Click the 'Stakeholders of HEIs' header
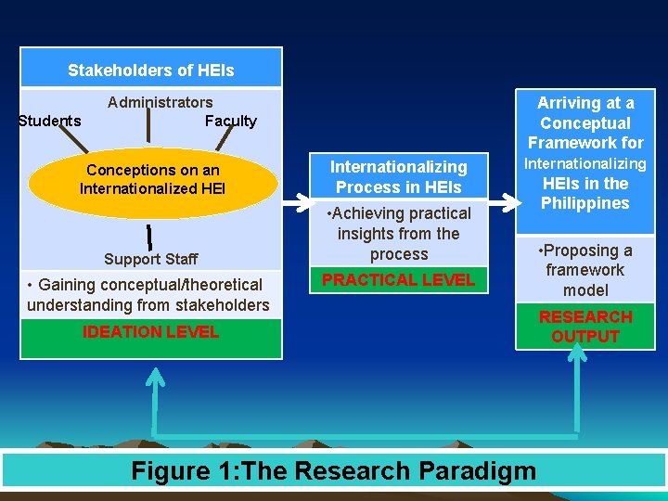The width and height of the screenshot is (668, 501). click(x=151, y=71)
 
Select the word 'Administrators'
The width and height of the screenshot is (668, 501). click(x=160, y=102)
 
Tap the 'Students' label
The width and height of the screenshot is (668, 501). click(x=49, y=121)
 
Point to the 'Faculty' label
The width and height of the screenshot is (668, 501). click(x=230, y=121)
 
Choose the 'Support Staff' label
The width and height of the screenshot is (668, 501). click(x=150, y=259)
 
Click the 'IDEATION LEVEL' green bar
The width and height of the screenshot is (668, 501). click(x=150, y=333)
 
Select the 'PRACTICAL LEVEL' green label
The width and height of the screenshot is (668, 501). click(x=397, y=278)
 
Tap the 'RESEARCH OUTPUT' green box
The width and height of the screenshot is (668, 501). click(x=585, y=327)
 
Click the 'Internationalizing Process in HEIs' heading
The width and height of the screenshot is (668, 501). click(x=398, y=176)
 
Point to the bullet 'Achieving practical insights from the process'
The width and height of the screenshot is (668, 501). click(x=398, y=233)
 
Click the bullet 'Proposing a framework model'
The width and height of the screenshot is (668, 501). click(x=585, y=270)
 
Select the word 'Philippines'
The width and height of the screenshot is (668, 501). click(x=585, y=203)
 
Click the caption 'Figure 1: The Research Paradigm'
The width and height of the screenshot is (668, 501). click(x=334, y=470)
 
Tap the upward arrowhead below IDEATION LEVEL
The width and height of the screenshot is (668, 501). click(x=156, y=377)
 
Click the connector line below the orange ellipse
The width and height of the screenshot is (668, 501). click(x=148, y=236)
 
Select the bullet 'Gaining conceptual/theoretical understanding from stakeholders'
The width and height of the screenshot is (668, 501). click(x=148, y=294)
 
